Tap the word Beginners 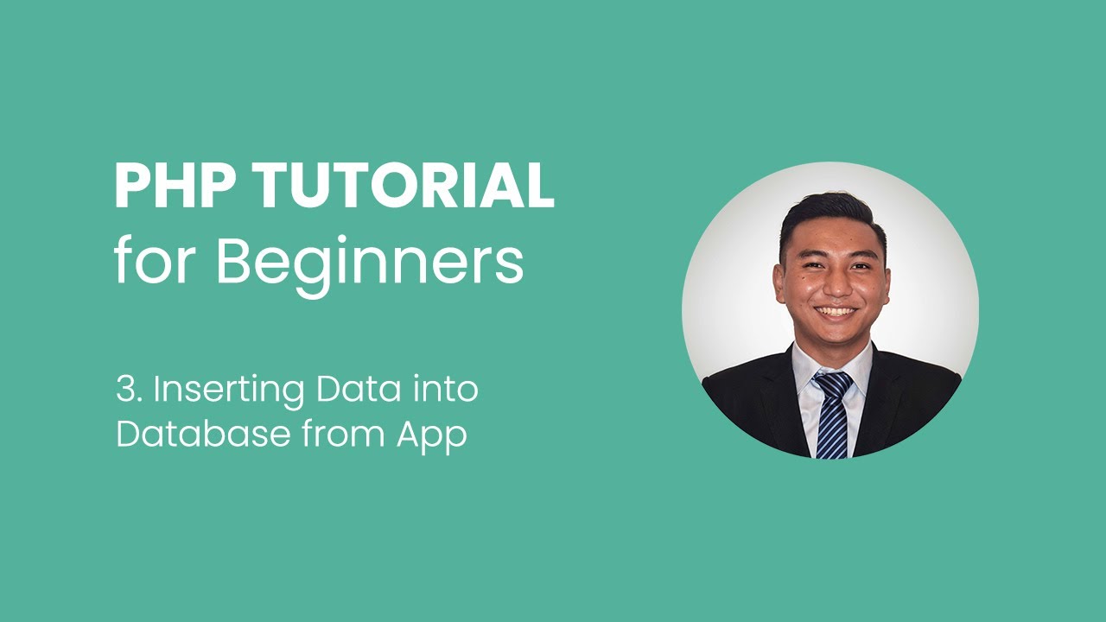coord(369,263)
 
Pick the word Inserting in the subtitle coord(229,390)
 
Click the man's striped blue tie coord(833,423)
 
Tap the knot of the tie coord(832,382)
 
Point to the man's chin coord(835,337)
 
